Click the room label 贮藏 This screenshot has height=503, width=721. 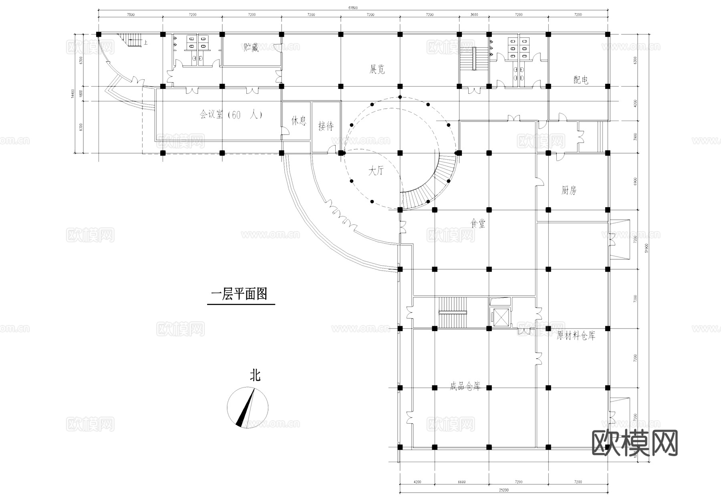coord(251,48)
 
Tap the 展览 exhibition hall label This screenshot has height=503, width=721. coord(377,69)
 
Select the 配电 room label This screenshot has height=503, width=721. coord(581,80)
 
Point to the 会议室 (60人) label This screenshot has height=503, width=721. coord(231,115)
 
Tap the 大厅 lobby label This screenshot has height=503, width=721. coord(376,171)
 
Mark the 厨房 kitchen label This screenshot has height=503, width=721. coord(569,190)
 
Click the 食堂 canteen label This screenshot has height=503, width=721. coord(478,224)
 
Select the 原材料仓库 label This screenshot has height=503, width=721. coord(576,336)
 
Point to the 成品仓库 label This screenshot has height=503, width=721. coord(465,387)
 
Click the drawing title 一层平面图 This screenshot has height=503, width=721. coord(239,295)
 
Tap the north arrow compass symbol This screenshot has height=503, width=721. coord(248,407)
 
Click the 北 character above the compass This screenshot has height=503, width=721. coord(255,376)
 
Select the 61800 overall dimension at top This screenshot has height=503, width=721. coord(352,8)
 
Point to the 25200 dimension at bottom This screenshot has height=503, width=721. coord(503,490)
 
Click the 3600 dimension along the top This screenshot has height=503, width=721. coord(474,14)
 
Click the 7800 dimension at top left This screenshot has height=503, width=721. coord(131,14)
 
